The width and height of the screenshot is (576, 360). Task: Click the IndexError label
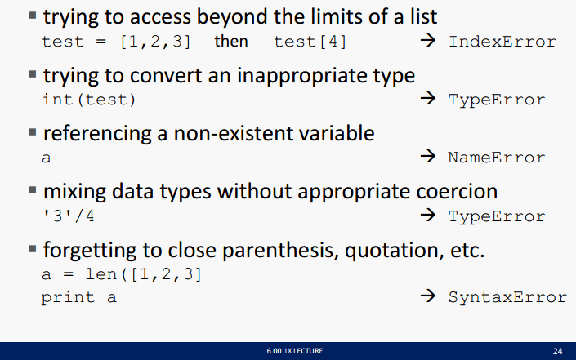tap(502, 42)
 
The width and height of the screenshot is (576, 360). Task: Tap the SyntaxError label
tap(507, 297)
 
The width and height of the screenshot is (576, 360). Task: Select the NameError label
tap(496, 158)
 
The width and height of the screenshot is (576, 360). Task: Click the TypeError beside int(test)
tap(496, 100)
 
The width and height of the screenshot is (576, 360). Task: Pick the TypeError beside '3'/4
tap(496, 216)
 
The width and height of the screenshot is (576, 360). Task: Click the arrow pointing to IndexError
tap(428, 40)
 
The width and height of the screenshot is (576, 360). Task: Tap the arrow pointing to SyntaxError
tap(428, 296)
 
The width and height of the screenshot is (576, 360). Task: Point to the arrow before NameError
tap(428, 157)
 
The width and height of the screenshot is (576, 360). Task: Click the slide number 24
tap(557, 351)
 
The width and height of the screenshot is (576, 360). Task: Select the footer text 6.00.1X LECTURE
tap(295, 351)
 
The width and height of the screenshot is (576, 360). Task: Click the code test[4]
tap(310, 42)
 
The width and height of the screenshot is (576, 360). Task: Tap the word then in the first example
tap(231, 41)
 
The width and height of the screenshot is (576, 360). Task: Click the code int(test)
tap(89, 100)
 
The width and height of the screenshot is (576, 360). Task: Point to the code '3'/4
tap(69, 216)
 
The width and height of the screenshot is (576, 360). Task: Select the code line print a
tap(78, 298)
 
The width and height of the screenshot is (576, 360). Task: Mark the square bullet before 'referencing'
tap(33, 132)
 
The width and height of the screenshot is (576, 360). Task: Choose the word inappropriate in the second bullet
tap(302, 77)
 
